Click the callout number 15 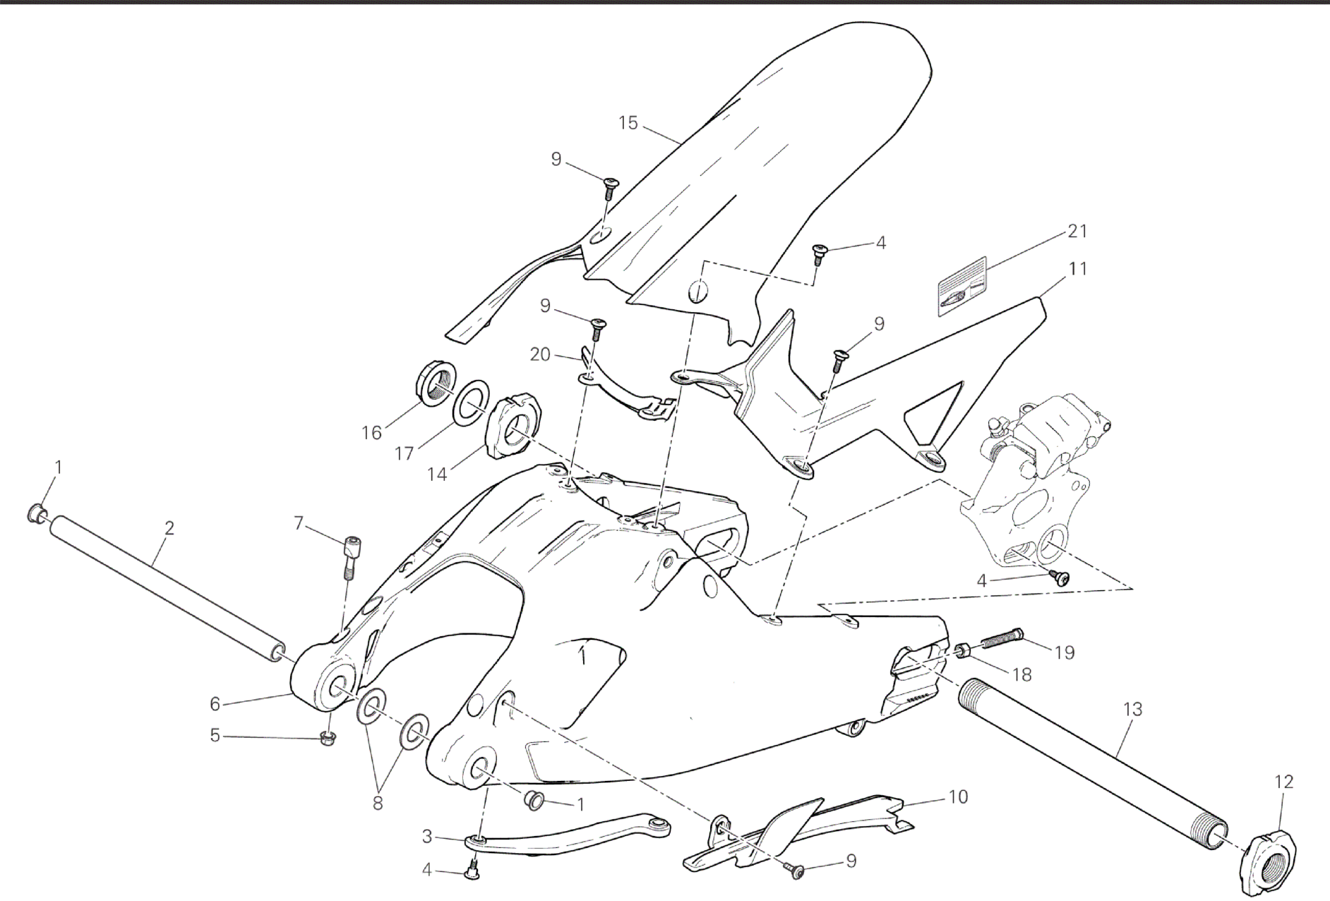(628, 124)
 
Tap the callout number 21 (1077, 231)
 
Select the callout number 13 (1132, 710)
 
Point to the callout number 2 (169, 527)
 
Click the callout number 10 (957, 797)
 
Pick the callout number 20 (540, 354)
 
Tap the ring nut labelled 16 (434, 382)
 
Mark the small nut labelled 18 (963, 652)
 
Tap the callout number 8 (378, 803)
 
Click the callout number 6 (215, 703)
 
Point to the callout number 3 (426, 837)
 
